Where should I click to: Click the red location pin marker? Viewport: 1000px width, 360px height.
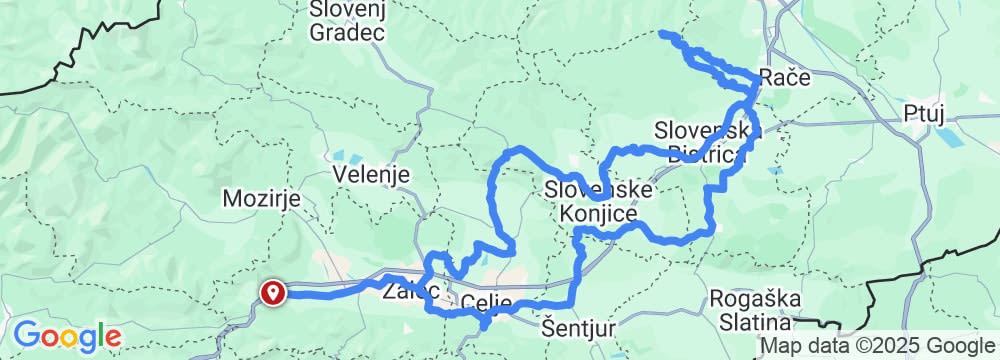[x=272, y=292]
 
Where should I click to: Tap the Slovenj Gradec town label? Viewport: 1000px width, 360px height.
[x=347, y=21]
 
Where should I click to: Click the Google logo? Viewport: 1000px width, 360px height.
[x=67, y=336]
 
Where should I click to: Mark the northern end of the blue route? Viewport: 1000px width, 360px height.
[x=662, y=35]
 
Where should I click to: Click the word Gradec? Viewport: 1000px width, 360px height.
[x=347, y=33]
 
